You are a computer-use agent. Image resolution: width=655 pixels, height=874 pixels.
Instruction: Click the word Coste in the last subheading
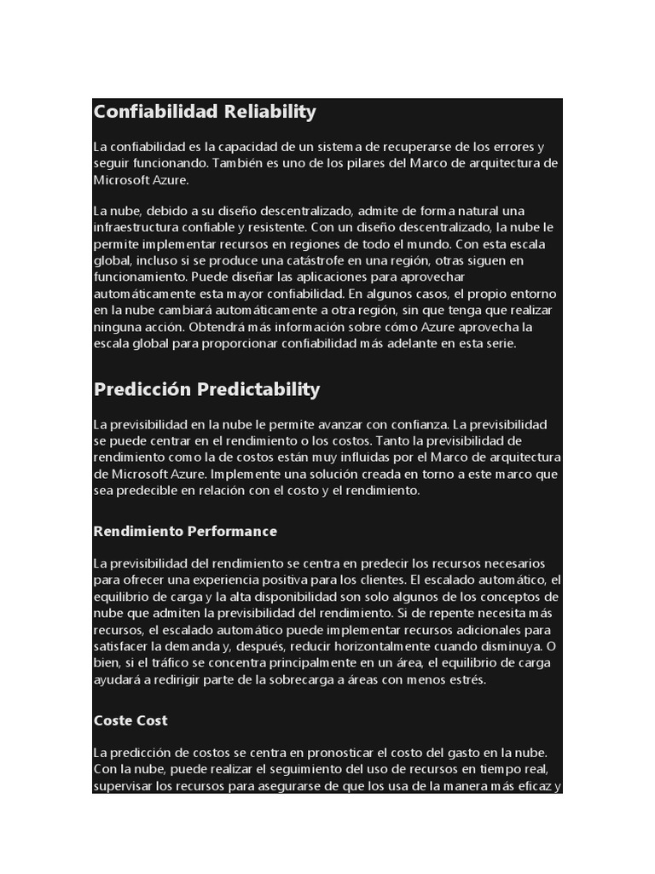click(x=112, y=720)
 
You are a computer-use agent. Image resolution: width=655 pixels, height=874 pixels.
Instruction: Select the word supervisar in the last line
click(x=124, y=785)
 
